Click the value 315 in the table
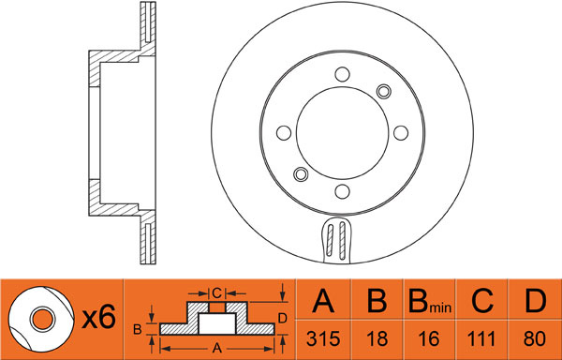[323, 338]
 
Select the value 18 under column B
[377, 338]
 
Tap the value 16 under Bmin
[429, 338]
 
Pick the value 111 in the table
[481, 338]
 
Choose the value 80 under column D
[535, 338]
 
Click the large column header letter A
[323, 301]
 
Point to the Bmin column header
[429, 301]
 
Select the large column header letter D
[535, 301]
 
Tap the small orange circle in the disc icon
[43, 319]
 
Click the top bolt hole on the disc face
[342, 74]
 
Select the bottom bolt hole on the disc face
[342, 191]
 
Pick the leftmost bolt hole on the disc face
[284, 133]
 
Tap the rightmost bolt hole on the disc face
[401, 133]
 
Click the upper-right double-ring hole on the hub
[384, 92]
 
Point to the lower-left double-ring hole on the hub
[301, 174]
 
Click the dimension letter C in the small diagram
[217, 293]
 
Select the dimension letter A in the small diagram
[216, 348]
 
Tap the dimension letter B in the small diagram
[138, 329]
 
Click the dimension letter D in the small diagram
[283, 318]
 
